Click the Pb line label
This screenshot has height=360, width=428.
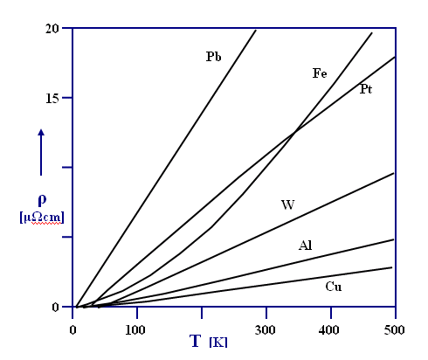tap(213, 57)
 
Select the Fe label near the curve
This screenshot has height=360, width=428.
tap(320, 73)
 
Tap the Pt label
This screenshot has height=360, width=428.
tap(366, 89)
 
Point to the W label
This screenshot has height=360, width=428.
tap(287, 205)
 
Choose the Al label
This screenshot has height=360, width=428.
tap(305, 246)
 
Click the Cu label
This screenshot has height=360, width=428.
tap(333, 286)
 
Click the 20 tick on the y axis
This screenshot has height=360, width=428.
tap(54, 28)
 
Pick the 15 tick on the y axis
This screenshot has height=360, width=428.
tap(54, 98)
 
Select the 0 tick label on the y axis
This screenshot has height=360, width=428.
tap(57, 307)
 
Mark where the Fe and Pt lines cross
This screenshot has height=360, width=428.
tap(295, 132)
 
